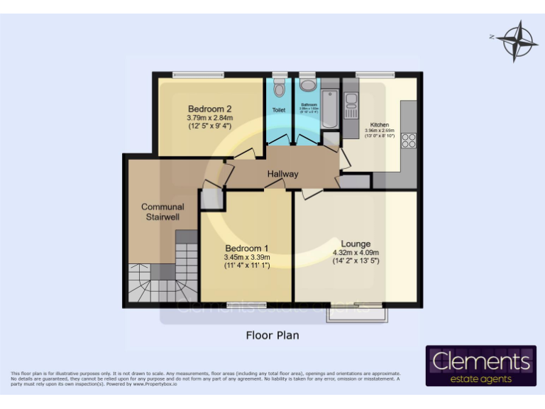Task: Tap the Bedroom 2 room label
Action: pyautogui.click(x=210, y=109)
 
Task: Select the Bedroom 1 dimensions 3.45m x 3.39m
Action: pyautogui.click(x=246, y=257)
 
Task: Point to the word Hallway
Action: pyautogui.click(x=282, y=174)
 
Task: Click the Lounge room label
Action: pyautogui.click(x=356, y=244)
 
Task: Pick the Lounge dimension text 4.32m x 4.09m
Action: pyautogui.click(x=356, y=252)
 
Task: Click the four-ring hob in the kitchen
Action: pyautogui.click(x=409, y=141)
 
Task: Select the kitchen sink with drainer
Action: pyautogui.click(x=350, y=107)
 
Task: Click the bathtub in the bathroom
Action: pyautogui.click(x=331, y=110)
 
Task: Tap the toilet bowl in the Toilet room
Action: pyautogui.click(x=279, y=89)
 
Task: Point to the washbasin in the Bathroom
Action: pyautogui.click(x=308, y=86)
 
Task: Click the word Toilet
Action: pyautogui.click(x=279, y=110)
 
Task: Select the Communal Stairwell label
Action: pyautogui.click(x=162, y=212)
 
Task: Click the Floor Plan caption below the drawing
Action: pyautogui.click(x=272, y=335)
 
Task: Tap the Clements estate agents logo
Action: pyautogui.click(x=480, y=366)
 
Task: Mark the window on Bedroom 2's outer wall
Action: pyautogui.click(x=194, y=75)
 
